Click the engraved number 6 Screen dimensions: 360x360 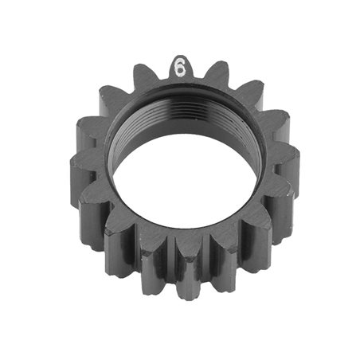179,68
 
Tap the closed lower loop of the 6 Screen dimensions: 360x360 179,72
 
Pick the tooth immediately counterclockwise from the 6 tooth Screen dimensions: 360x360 143,76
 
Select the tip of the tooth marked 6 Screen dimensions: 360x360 180,58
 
